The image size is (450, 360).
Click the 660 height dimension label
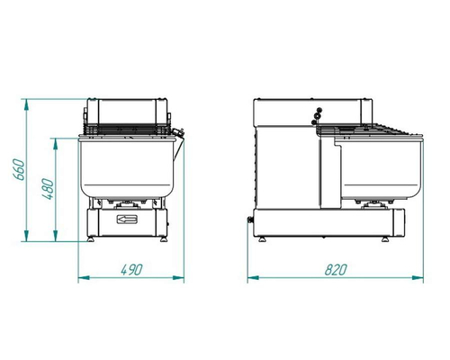[x=19, y=170]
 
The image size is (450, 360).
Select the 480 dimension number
[x=48, y=189]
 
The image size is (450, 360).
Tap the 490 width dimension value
[x=131, y=270]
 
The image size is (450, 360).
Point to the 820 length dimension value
[x=336, y=270]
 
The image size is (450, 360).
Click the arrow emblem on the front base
[x=127, y=220]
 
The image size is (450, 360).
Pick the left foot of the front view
[x=90, y=239]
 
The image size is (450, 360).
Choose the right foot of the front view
[x=164, y=239]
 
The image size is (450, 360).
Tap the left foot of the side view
[x=263, y=239]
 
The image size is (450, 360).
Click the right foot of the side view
[x=385, y=239]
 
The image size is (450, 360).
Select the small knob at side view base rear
[x=250, y=220]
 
